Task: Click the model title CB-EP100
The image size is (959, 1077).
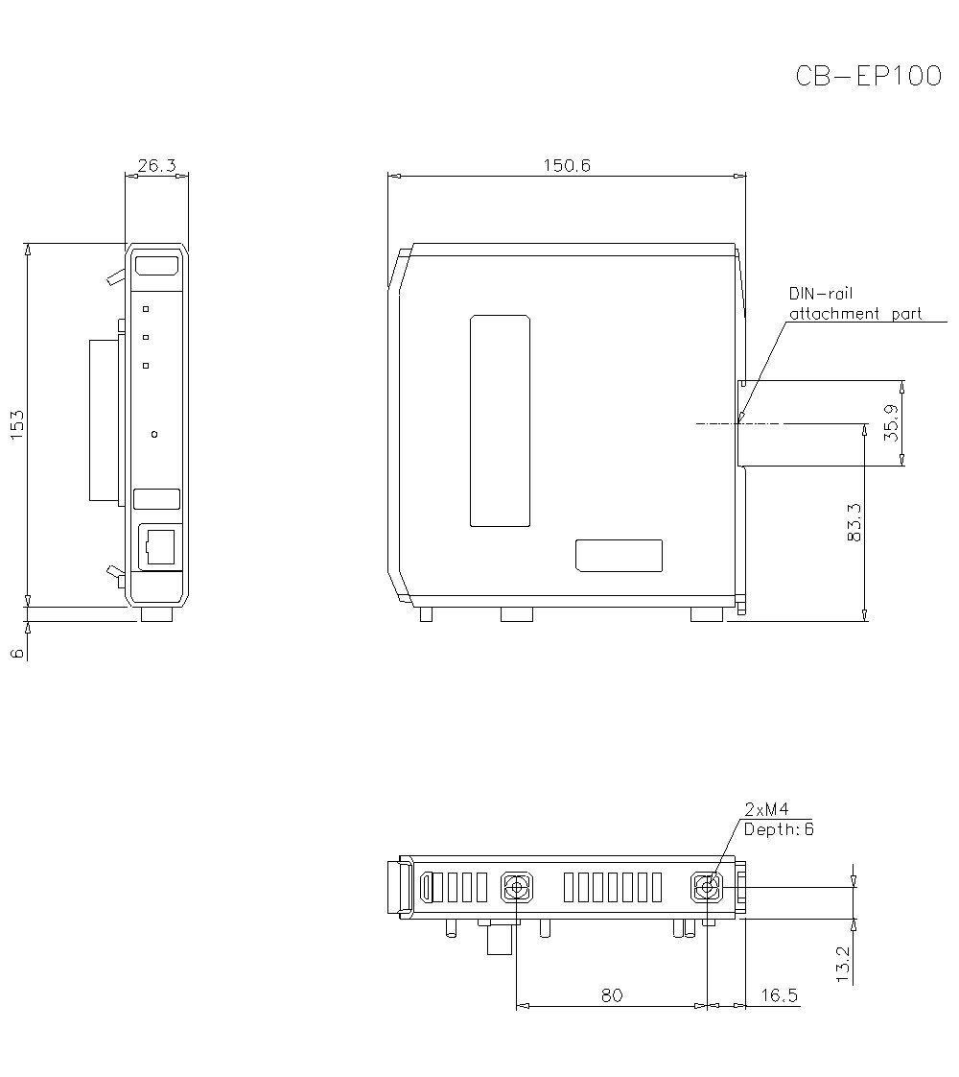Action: point(868,77)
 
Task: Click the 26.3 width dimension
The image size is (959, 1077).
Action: point(156,166)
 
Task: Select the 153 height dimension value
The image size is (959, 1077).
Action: point(16,424)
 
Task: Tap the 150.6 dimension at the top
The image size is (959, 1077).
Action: point(567,166)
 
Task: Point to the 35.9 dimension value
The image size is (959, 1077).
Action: point(891,422)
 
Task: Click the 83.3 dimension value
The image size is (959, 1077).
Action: point(855,523)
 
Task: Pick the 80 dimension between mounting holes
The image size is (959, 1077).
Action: point(611,995)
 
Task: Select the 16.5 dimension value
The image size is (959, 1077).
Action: point(779,995)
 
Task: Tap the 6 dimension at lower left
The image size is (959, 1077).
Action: point(16,653)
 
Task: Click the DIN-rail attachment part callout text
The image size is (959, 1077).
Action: point(854,303)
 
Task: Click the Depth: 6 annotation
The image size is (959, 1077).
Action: point(778,828)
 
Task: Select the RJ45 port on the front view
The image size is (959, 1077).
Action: point(158,546)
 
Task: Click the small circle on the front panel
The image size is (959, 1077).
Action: point(155,435)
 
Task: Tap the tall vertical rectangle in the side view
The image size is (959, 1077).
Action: point(500,420)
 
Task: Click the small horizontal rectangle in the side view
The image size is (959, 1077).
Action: point(619,555)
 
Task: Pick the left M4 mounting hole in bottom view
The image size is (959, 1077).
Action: point(517,887)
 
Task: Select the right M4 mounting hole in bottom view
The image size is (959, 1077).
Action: point(707,887)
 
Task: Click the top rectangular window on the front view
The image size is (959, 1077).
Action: point(156,266)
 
